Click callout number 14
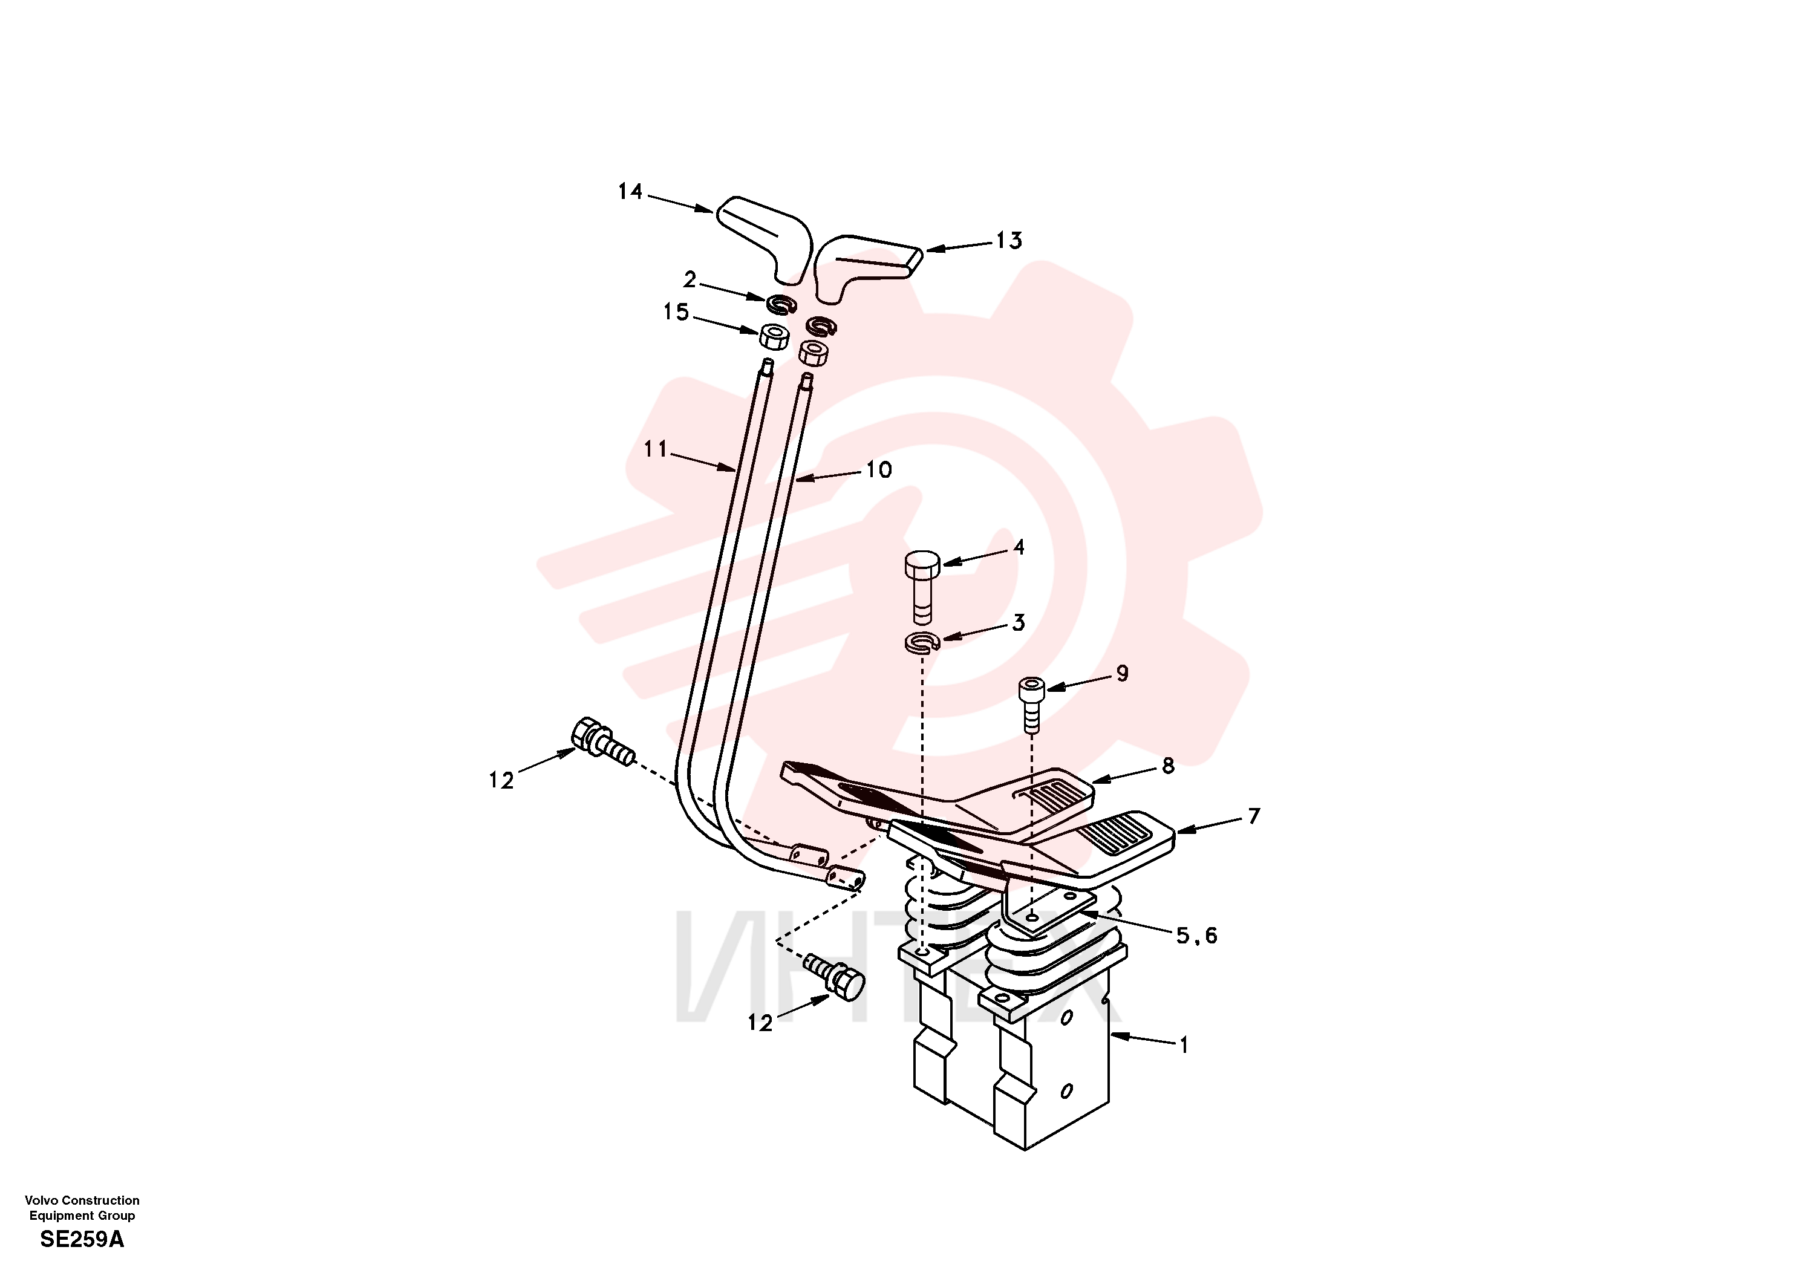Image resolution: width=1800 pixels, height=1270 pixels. [630, 191]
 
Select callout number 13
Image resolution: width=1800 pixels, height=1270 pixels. [1009, 241]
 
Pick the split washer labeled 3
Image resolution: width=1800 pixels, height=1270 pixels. [922, 642]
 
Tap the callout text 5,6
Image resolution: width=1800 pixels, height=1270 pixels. [1196, 935]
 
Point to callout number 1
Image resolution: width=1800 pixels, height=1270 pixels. [1184, 1045]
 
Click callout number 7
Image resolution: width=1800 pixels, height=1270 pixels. [1254, 816]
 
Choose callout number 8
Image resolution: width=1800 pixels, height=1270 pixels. [1168, 766]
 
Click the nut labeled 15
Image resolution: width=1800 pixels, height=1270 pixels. [774, 336]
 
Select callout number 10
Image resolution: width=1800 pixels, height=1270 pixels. [879, 469]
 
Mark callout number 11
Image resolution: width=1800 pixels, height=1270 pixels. [656, 449]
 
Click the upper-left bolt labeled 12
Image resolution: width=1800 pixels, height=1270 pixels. [601, 741]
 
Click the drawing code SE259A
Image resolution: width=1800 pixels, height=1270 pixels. [82, 1239]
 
